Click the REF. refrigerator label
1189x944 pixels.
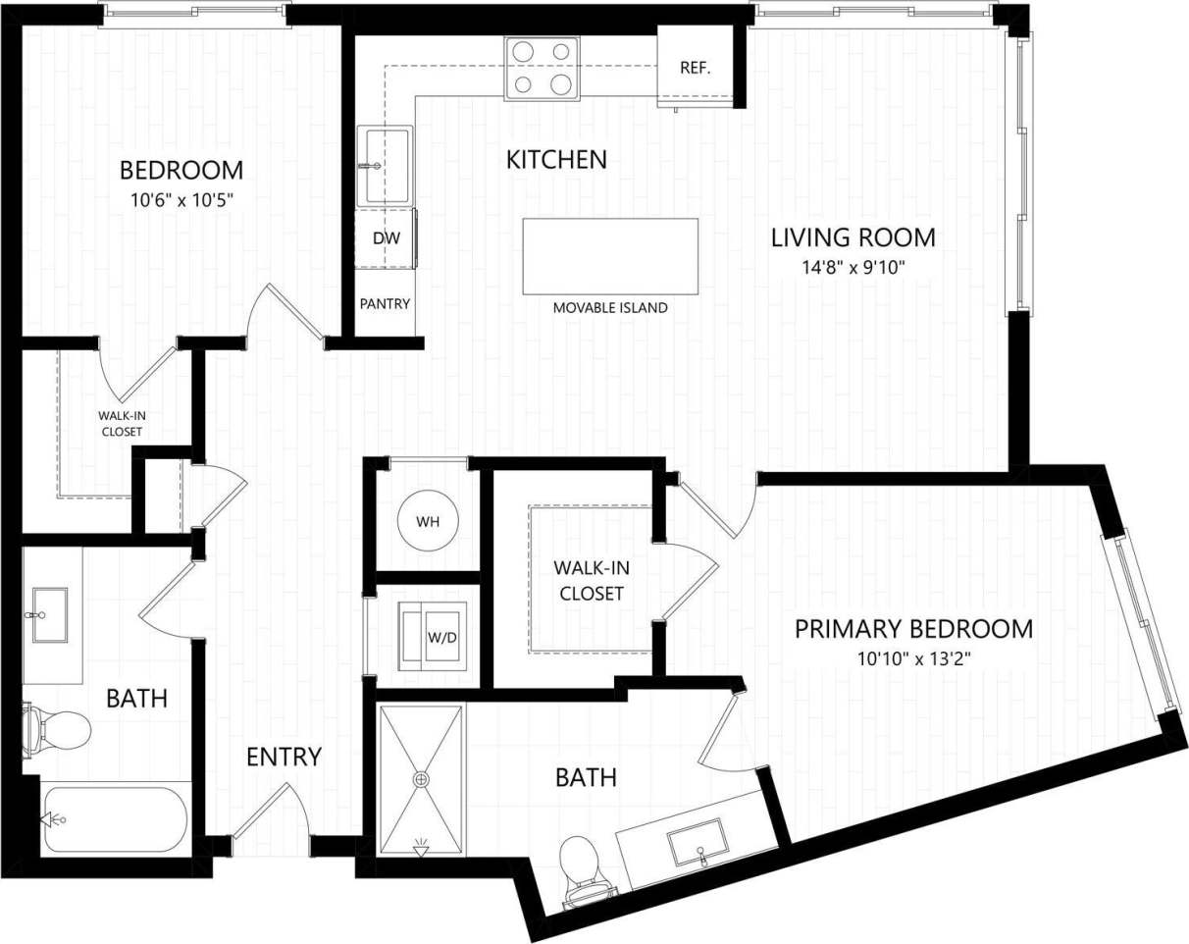point(695,68)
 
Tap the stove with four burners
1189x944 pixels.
point(542,68)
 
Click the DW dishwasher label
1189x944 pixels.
point(385,238)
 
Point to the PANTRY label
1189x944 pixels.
point(385,304)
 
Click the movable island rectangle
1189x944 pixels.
point(610,256)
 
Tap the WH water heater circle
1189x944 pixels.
point(428,521)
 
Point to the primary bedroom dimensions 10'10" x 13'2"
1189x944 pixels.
point(913,655)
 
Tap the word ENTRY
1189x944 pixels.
point(284,757)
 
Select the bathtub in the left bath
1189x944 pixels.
point(116,818)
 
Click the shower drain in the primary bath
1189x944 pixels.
point(422,779)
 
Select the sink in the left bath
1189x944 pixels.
point(49,615)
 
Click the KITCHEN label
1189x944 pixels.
point(556,159)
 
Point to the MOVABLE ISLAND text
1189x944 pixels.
point(610,308)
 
